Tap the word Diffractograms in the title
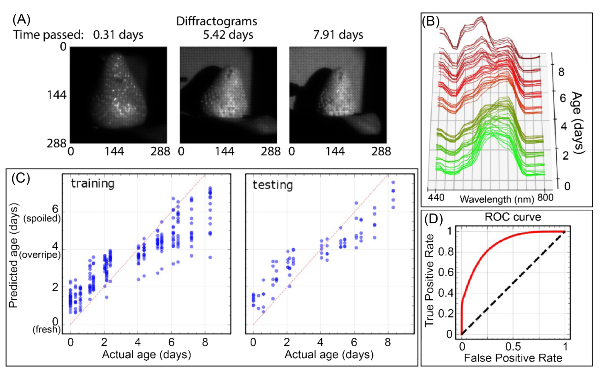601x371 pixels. (217, 21)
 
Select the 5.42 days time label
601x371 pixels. (228, 35)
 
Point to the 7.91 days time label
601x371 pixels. (338, 35)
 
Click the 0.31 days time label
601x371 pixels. (118, 35)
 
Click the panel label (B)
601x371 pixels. (431, 21)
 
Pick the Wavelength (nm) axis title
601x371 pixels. (497, 200)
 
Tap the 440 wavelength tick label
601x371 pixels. (436, 198)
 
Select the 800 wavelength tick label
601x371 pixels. (545, 198)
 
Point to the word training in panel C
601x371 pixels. (93, 183)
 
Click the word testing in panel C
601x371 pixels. (273, 185)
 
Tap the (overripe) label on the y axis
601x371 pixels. (40, 254)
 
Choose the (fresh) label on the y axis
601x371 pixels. (46, 329)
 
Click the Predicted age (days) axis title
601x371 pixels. (13, 255)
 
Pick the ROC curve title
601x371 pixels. (513, 217)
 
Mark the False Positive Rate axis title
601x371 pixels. (513, 358)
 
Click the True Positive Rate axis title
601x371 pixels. (429, 280)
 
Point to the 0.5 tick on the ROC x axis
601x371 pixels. (513, 347)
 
